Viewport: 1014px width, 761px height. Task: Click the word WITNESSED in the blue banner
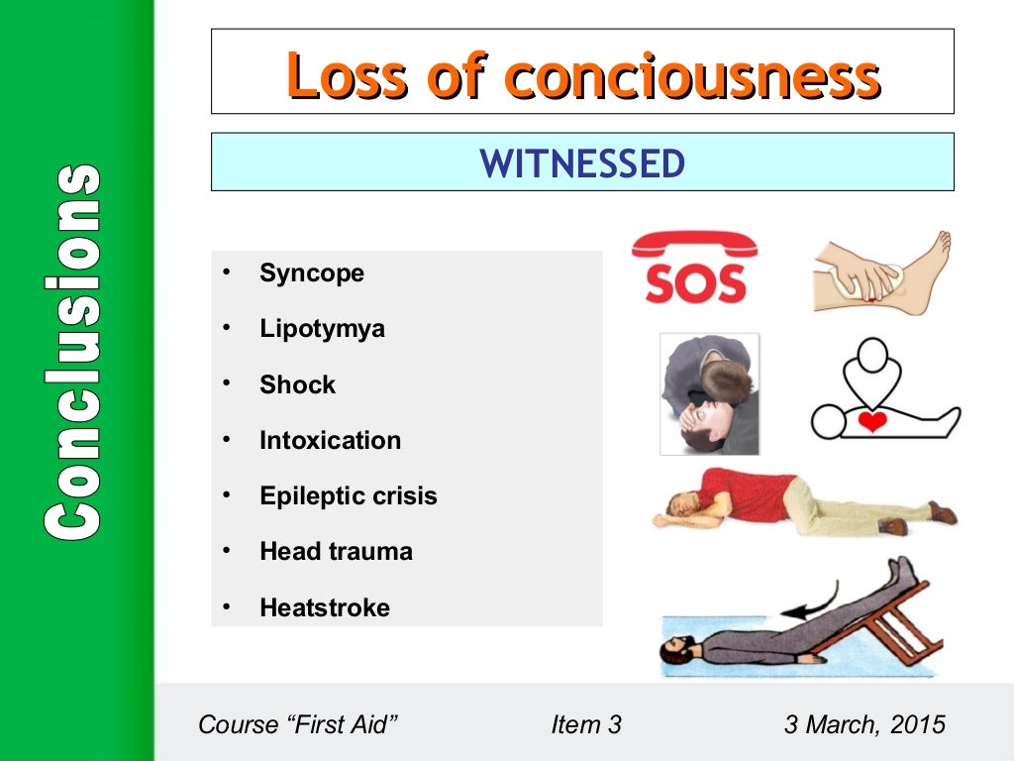click(582, 163)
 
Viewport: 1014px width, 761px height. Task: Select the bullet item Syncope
click(311, 273)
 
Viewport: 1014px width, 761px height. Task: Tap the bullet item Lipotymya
click(322, 329)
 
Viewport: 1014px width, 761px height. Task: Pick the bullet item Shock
click(297, 384)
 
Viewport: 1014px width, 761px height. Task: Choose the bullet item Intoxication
click(330, 440)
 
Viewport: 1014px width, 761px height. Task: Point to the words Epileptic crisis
click(348, 495)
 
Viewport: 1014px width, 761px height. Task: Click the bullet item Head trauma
click(336, 551)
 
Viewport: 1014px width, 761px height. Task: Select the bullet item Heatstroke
click(324, 607)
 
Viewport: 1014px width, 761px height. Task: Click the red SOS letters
click(695, 284)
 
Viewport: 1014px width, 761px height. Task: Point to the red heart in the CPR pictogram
click(871, 422)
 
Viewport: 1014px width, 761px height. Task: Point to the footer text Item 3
click(586, 724)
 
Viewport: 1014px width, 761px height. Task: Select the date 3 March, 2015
click(864, 724)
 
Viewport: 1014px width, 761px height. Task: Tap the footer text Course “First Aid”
click(298, 724)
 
